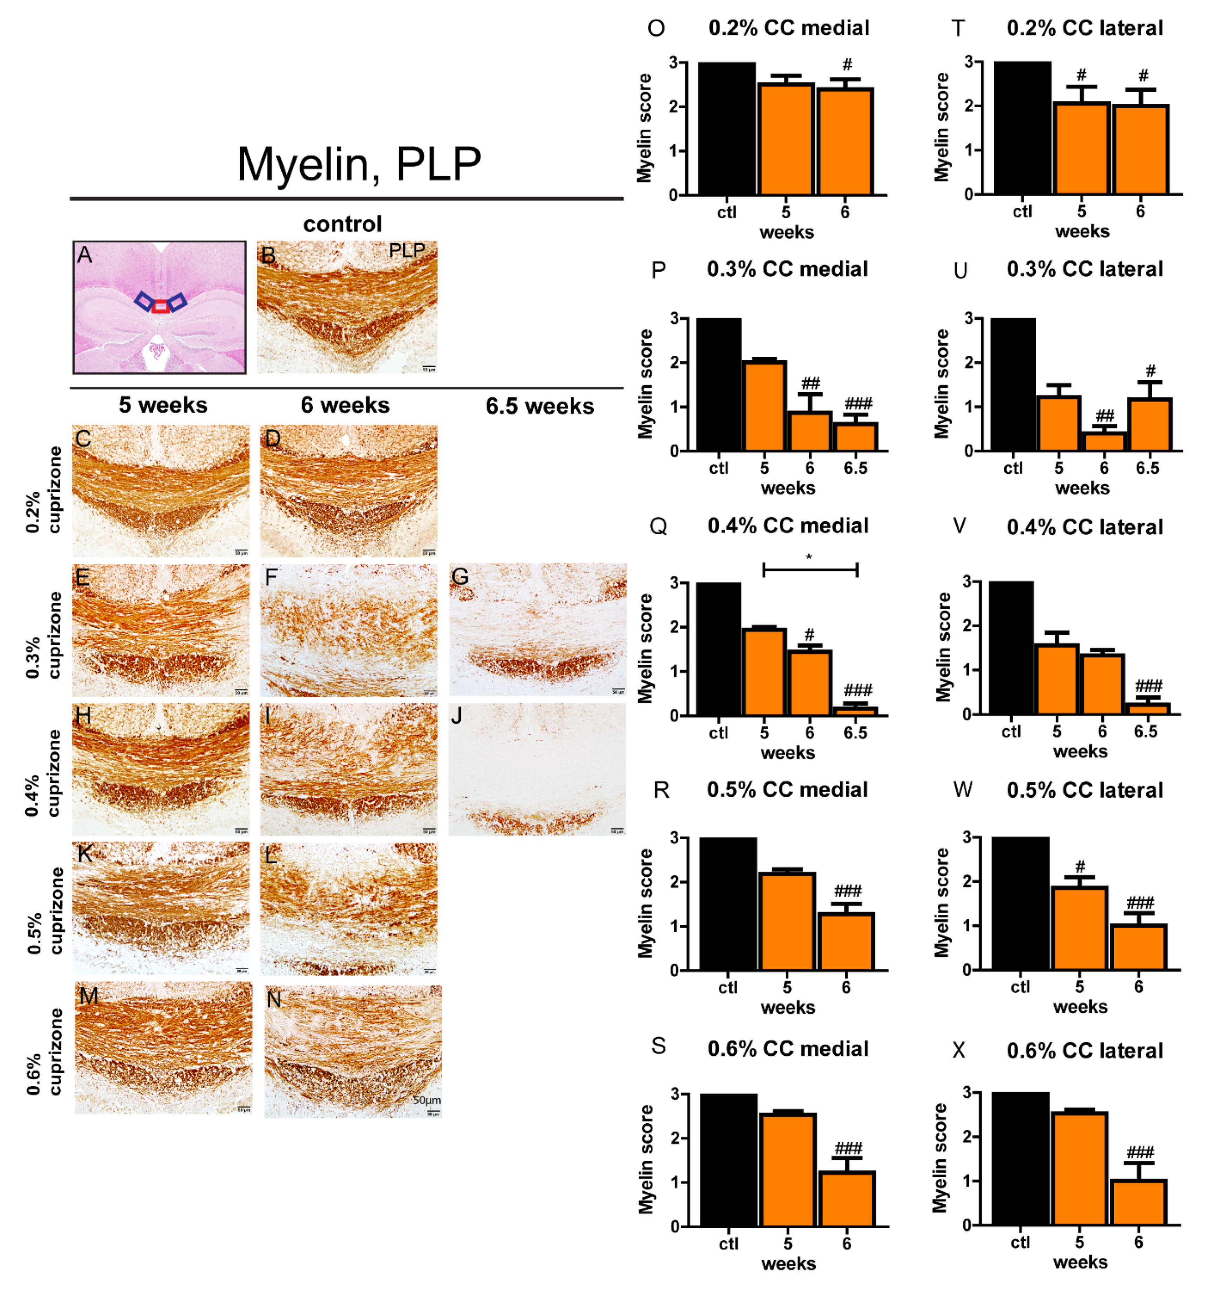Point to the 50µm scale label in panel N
[427, 1100]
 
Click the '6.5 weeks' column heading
[539, 406]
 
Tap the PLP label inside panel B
[407, 251]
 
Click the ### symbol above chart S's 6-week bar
[848, 1148]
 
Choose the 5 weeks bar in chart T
[1081, 148]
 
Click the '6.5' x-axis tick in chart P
[855, 468]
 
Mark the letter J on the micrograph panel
[457, 716]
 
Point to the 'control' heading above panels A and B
[342, 224]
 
